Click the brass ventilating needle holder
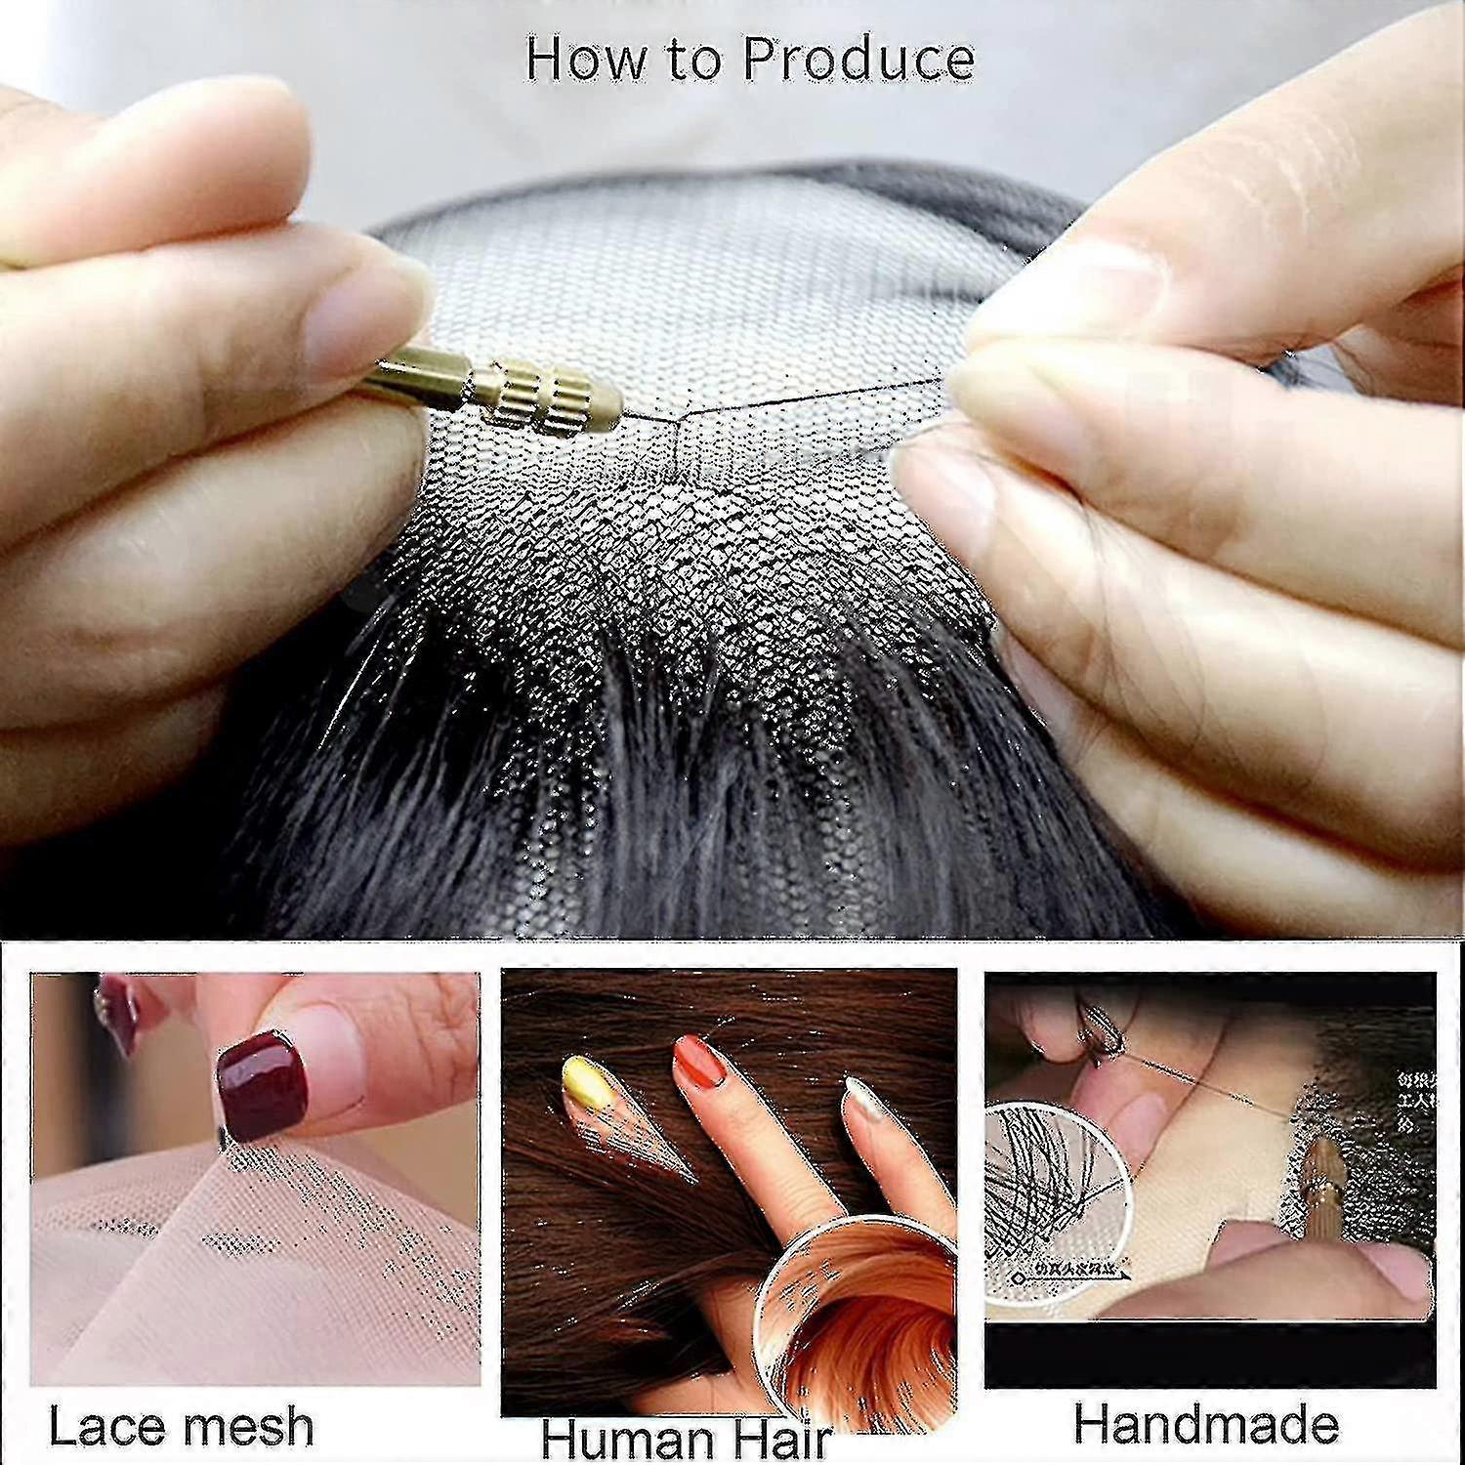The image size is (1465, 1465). (508, 391)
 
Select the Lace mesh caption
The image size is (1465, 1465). (182, 1427)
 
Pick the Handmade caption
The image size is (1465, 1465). (1206, 1424)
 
